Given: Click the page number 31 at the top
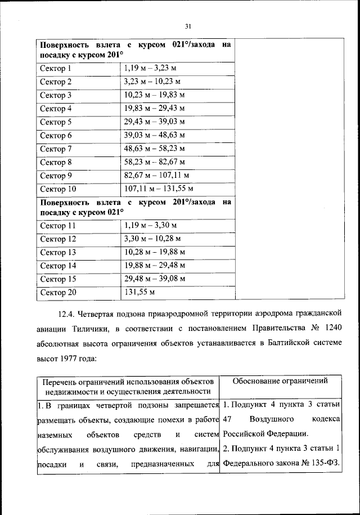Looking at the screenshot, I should coord(188,25).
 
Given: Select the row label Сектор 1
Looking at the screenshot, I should coord(56,69).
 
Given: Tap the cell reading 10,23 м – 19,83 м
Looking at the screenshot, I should coord(154,95).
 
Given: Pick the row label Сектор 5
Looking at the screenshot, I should coord(56,122).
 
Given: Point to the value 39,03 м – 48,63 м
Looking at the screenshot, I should coord(154,135).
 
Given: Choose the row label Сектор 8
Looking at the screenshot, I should coord(56,162).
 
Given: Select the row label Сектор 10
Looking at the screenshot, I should coord(58,189).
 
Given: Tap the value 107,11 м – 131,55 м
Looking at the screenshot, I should coord(159,189).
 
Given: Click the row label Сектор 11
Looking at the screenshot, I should coord(58,226).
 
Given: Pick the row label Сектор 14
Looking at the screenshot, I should coord(58,265).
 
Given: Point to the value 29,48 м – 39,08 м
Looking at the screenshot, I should coord(154,279).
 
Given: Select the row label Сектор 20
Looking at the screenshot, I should coord(58,292).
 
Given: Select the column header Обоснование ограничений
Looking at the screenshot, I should coord(280,381).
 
